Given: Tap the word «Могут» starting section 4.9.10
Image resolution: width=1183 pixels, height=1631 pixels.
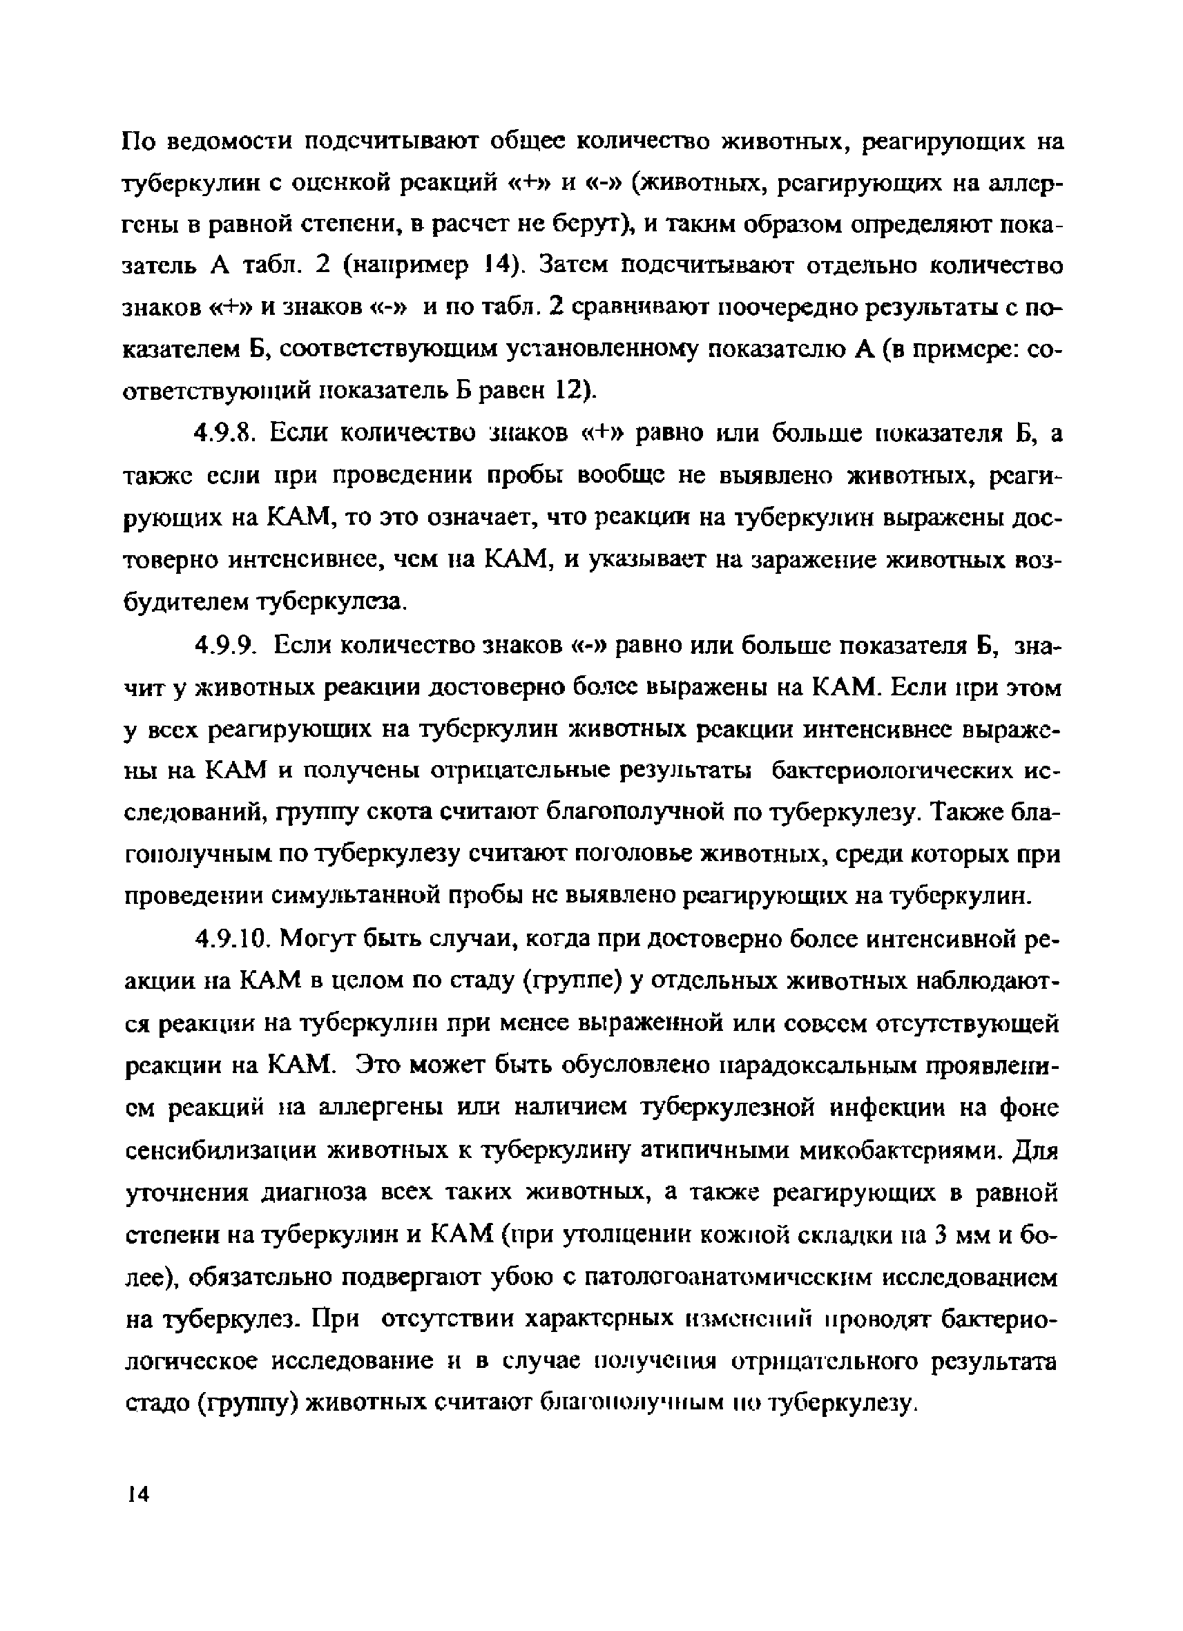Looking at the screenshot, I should tap(318, 938).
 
